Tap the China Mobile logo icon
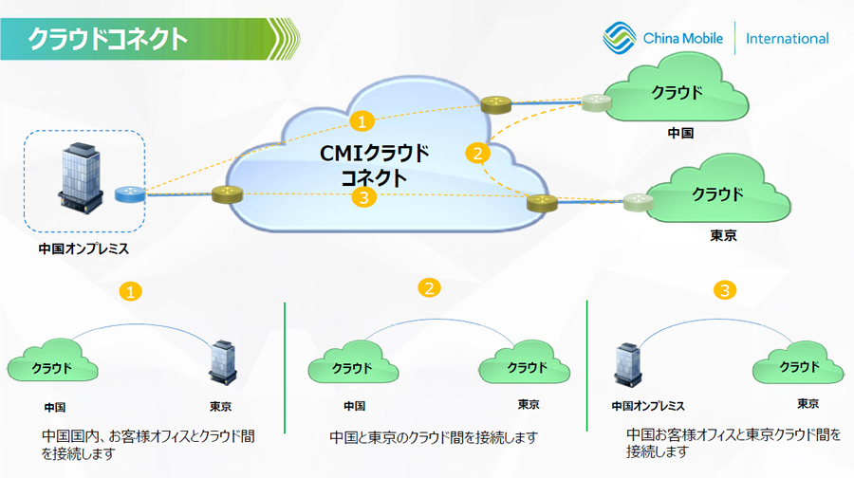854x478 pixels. point(621,39)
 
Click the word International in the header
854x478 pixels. point(787,39)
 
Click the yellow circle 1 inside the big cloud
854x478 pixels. point(361,120)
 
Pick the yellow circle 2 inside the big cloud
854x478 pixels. point(477,152)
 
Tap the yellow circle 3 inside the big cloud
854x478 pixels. point(361,197)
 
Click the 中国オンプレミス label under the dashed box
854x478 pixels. point(83,250)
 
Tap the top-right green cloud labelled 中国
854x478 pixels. point(678,94)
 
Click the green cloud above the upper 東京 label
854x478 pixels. point(717,195)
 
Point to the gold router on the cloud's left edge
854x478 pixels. point(228,194)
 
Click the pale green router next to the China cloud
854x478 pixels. point(597,102)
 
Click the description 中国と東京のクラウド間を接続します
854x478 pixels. point(434,437)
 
